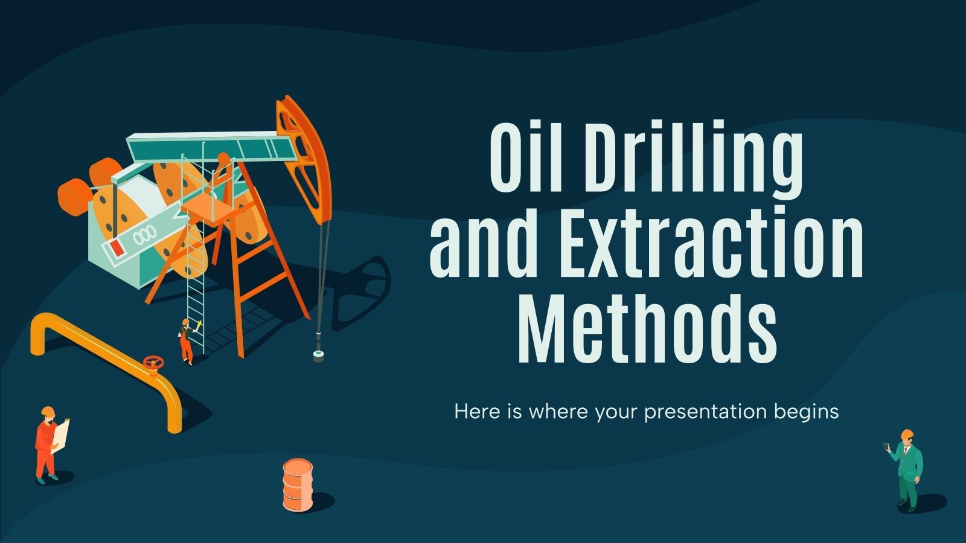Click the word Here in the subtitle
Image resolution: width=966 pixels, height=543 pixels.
click(x=477, y=411)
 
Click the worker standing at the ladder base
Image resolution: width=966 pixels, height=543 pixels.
click(x=187, y=341)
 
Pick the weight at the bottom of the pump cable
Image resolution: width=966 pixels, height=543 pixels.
click(x=318, y=355)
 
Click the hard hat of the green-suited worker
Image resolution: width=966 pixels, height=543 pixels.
click(x=906, y=434)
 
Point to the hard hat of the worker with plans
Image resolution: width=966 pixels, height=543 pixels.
click(x=48, y=412)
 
